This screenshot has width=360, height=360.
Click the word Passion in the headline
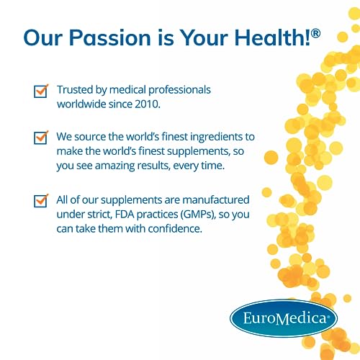pos(114,38)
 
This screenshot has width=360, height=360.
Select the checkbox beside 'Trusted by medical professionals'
pos(41,91)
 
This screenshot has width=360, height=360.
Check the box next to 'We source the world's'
pos(41,138)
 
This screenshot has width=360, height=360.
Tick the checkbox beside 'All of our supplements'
pos(41,201)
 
